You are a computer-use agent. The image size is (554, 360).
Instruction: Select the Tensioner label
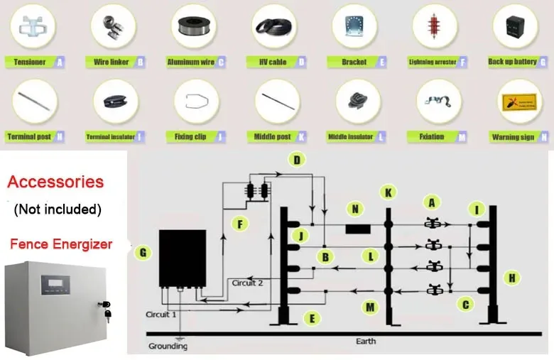coord(30,62)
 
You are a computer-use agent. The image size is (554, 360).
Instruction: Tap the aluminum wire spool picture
coord(193,28)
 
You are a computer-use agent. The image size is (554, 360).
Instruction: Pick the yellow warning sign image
coord(515,102)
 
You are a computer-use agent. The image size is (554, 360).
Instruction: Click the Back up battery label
coord(512,62)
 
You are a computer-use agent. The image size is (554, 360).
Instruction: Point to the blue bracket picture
coord(353,28)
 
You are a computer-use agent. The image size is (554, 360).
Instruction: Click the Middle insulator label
coord(350,136)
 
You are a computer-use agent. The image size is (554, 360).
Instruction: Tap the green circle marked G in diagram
coord(143,251)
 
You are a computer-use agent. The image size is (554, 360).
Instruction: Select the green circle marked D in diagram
coord(297,160)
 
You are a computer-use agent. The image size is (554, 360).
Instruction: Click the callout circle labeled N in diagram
coord(354,209)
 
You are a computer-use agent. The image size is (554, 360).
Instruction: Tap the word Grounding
coord(168,347)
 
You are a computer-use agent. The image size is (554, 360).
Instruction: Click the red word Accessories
coord(55,182)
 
